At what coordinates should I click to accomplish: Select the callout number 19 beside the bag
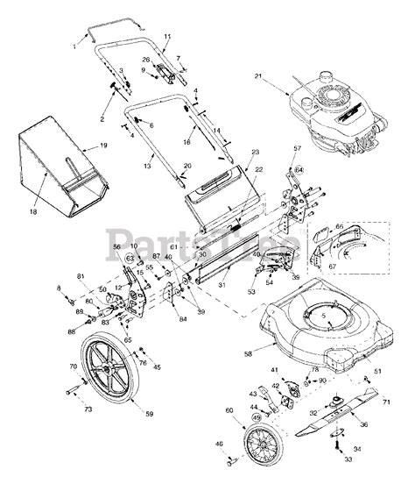point(102,145)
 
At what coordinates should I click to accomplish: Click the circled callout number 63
point(129,259)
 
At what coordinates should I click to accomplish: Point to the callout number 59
point(148,413)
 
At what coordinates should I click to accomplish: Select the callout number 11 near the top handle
point(167,36)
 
